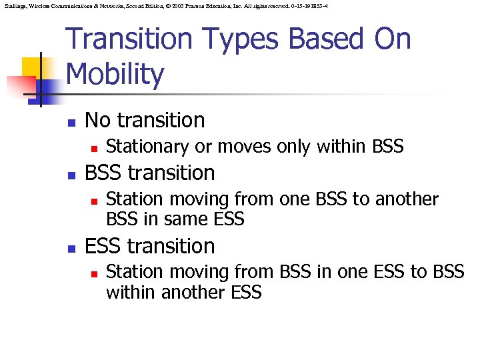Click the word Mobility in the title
115,75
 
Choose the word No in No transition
98,120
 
